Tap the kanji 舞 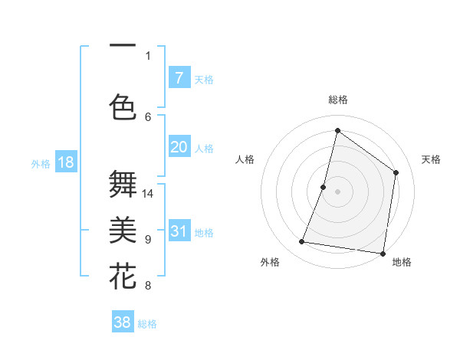[x=123, y=185]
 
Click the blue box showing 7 [x=179, y=77]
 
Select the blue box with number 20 [x=179, y=147]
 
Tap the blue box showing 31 [x=179, y=231]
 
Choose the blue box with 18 [x=66, y=162]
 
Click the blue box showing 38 [x=123, y=322]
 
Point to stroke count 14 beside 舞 [x=148, y=194]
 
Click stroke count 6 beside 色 [x=148, y=116]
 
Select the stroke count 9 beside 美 [x=148, y=240]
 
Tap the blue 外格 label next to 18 [x=41, y=163]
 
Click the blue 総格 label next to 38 [x=147, y=324]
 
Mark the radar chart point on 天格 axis [x=396, y=172]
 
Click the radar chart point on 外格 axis [x=302, y=242]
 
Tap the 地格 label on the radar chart [x=402, y=262]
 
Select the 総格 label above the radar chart [x=337, y=100]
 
